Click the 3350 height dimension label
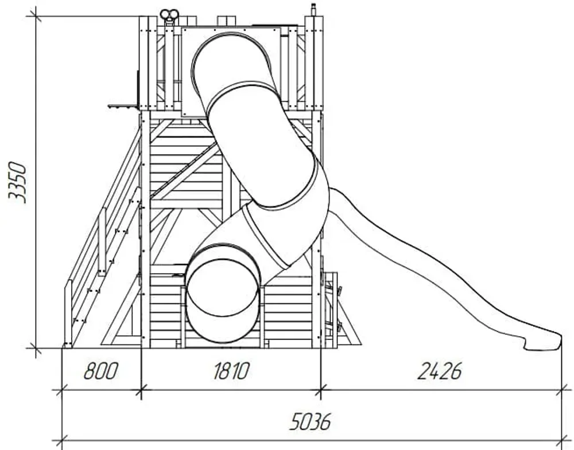17,182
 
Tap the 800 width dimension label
101,371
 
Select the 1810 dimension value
231,371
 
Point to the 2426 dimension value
440,371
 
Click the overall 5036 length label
310,421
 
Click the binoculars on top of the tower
169,15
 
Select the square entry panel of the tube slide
231,71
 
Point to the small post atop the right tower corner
313,10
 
